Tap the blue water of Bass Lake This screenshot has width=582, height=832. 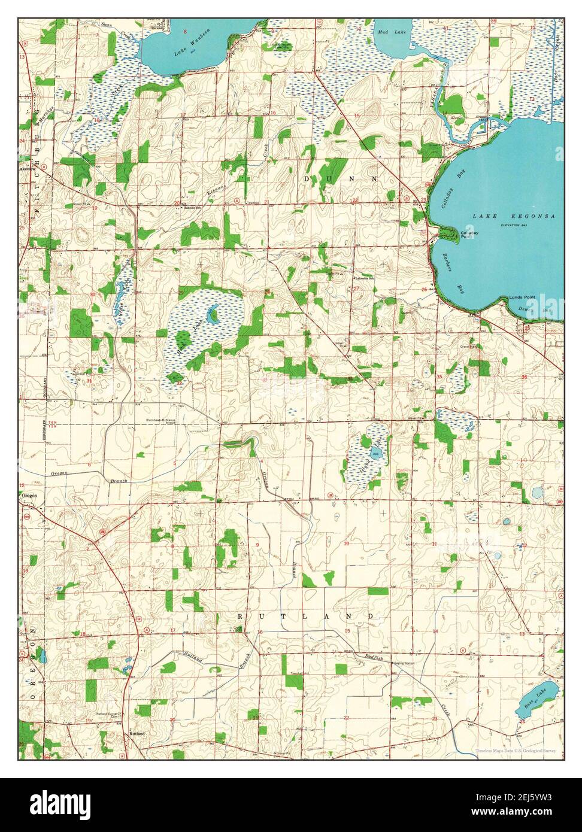point(535,697)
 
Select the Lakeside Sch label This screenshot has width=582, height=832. point(364,278)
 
